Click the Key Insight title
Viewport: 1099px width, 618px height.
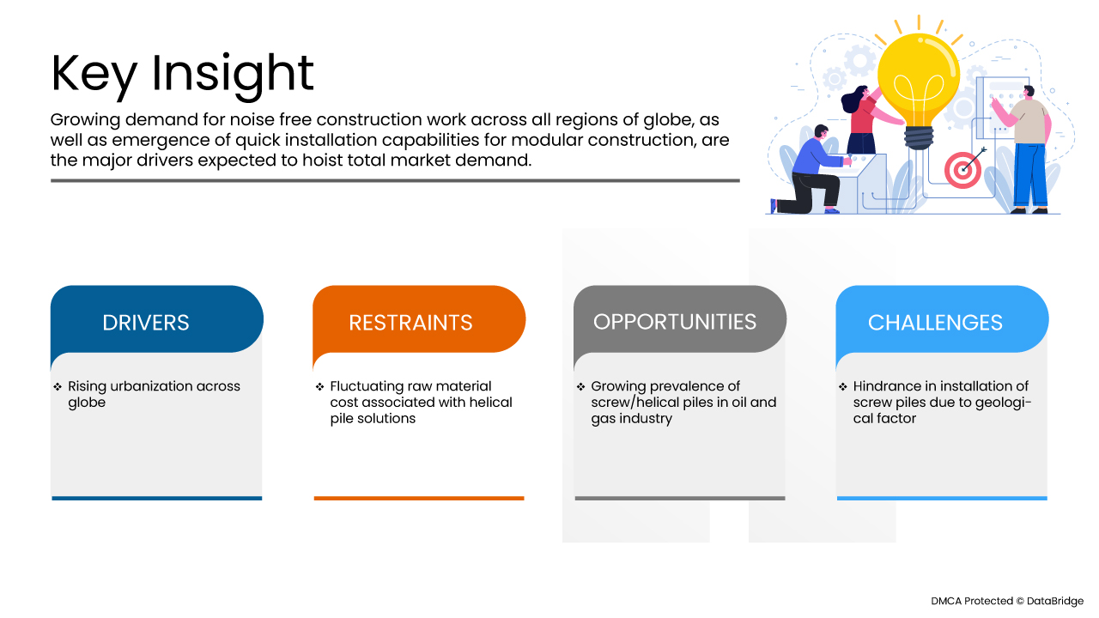point(182,75)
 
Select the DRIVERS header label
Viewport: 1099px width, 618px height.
point(146,323)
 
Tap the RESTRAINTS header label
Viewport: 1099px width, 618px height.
point(410,323)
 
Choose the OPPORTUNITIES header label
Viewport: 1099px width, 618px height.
point(675,322)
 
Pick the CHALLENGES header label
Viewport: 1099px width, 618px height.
point(935,323)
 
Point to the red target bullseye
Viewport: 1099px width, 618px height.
point(962,170)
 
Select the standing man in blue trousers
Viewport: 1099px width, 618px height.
point(1025,149)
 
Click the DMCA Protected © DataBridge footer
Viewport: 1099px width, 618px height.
point(1007,601)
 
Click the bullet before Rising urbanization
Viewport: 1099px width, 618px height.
point(58,387)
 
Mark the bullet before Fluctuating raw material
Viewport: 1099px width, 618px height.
point(320,387)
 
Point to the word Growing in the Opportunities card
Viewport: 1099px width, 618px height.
point(616,387)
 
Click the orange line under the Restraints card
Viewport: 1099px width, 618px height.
point(419,499)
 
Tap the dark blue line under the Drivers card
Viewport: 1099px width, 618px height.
point(157,499)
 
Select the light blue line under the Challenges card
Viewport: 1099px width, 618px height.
point(942,499)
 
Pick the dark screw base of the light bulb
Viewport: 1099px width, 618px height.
point(919,138)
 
